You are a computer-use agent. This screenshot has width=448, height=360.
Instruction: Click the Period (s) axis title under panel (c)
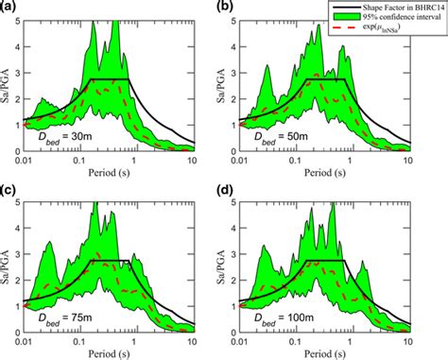click(121, 352)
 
